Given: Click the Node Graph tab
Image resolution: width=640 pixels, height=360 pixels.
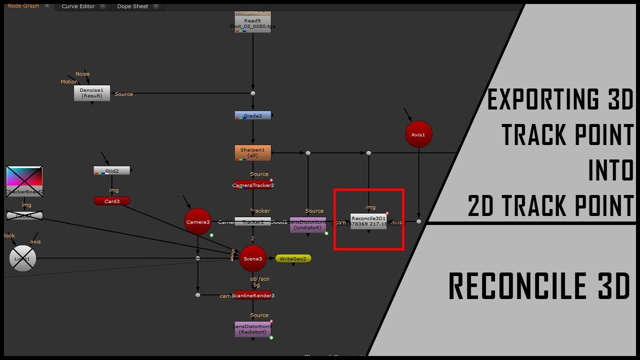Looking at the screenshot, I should point(23,6).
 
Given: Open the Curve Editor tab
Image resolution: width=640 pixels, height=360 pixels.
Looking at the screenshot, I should point(78,6).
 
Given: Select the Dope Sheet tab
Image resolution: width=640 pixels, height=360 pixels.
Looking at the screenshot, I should point(132,6).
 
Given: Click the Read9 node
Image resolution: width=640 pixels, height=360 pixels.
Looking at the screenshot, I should point(252,23).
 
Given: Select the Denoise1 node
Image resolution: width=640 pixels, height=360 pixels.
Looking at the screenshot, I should point(91,93).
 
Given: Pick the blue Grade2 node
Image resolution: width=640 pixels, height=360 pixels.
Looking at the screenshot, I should point(252,115).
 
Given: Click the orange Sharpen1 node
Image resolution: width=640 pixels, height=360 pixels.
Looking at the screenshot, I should point(252,152).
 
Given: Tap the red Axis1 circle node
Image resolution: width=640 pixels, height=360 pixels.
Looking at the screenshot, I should point(418,134).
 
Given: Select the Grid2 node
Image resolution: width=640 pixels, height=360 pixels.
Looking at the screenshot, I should point(111,170).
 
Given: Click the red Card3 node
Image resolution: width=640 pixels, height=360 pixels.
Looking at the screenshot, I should point(111,201).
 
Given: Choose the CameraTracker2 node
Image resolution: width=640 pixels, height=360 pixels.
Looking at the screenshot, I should point(252,185).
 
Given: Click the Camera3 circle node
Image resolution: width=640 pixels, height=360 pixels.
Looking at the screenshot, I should point(198,221).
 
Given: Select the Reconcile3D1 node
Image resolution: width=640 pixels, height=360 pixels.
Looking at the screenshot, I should point(368,221).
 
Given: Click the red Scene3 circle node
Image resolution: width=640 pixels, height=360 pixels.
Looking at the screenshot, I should point(252,258).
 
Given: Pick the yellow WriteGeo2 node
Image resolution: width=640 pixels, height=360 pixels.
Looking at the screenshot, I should point(293,258).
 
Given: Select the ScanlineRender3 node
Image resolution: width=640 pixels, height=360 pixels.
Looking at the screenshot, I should point(252,295).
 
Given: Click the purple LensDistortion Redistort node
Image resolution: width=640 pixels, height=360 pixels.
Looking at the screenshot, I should point(252,329).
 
